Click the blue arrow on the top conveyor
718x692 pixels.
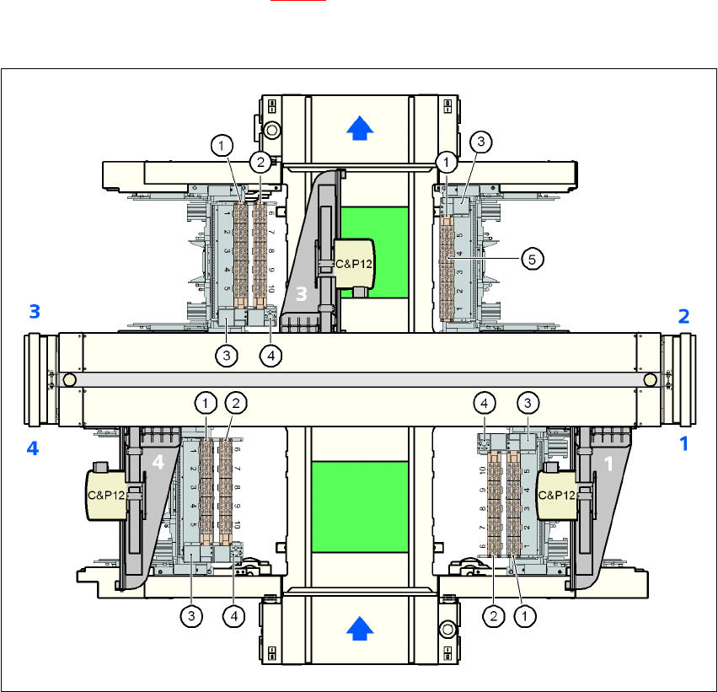(360, 126)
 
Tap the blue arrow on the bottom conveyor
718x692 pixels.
(360, 626)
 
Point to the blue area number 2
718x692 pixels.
(683, 316)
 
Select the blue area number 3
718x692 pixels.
(35, 312)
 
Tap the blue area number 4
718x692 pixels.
(33, 448)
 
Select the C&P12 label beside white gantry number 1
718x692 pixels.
(556, 496)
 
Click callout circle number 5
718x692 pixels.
(531, 260)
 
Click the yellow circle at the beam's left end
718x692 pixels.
(69, 380)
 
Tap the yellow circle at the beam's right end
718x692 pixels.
(650, 380)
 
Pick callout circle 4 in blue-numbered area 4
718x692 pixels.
(234, 616)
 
